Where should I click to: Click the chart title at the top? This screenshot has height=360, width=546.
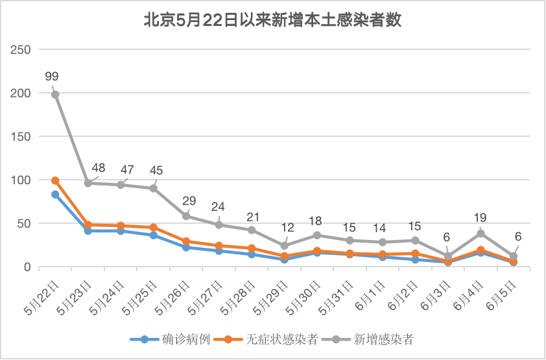pos(272,21)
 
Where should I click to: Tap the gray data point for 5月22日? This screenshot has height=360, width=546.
pos(55,95)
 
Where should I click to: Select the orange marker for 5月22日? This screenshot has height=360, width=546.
pos(55,180)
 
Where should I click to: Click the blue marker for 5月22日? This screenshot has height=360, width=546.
pos(55,195)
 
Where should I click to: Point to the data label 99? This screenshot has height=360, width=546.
pos(52,76)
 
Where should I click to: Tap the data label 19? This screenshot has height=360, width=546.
pos(481,218)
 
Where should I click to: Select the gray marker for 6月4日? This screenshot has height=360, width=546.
pos(481,234)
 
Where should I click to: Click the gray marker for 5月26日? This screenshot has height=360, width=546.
pos(186,216)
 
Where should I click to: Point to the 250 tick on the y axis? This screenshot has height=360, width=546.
pos(21,50)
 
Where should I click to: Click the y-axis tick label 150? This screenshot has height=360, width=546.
pos(21,137)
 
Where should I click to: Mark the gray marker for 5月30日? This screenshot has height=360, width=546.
pos(317,235)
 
